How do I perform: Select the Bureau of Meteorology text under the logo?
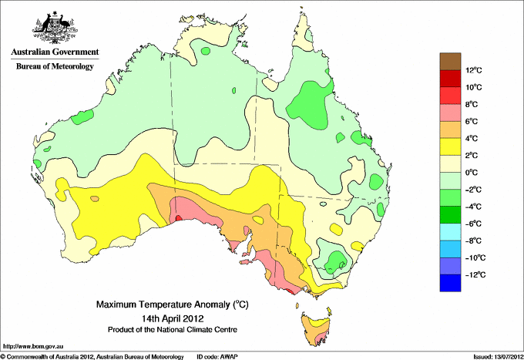54,66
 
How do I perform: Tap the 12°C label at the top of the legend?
473,71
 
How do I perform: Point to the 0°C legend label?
472,173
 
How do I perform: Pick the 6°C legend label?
472,122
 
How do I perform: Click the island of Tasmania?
315,327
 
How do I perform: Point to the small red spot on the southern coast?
179,218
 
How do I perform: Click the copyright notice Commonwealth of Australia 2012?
92,356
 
